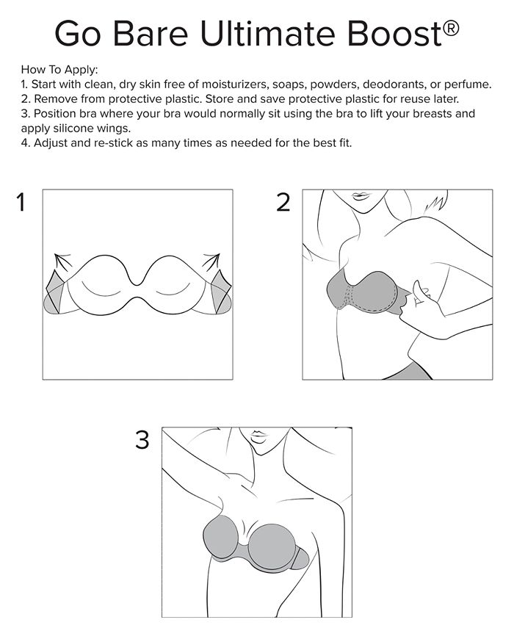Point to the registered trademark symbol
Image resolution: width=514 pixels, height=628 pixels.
(x=452, y=27)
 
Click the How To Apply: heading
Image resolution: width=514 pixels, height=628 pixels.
(x=59, y=70)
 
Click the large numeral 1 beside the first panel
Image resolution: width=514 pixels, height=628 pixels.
(x=22, y=203)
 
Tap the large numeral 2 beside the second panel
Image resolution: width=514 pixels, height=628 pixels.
(x=283, y=203)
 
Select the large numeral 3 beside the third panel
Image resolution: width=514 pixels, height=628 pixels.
(x=142, y=441)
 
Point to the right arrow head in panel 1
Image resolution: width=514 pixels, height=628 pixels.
(x=215, y=259)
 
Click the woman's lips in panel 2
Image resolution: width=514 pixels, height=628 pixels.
(x=361, y=196)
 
